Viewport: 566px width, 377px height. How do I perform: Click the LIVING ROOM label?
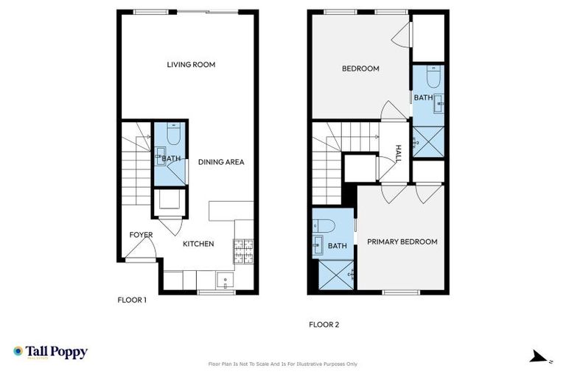191,65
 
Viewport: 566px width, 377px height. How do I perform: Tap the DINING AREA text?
220,162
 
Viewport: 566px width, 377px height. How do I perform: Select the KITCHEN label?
198,244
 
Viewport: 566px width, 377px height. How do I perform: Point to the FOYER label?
141,235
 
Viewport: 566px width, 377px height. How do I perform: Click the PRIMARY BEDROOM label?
402,242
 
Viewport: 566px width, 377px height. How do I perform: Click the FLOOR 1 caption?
133,300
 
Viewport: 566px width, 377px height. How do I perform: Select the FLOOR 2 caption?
324,324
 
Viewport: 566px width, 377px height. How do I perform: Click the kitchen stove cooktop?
243,252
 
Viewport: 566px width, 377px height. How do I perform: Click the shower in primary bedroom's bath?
336,278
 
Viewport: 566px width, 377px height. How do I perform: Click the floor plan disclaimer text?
283,364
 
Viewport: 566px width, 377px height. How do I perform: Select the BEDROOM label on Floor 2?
360,69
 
